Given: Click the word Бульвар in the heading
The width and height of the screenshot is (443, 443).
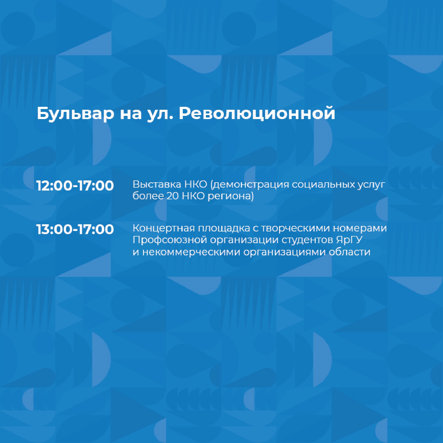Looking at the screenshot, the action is pos(75,113).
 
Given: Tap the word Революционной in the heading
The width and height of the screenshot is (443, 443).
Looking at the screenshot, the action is pos(257,113).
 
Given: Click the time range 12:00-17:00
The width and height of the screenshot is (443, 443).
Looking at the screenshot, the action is pos(75,185).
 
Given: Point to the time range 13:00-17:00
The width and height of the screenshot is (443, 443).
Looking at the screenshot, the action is pos(75,229).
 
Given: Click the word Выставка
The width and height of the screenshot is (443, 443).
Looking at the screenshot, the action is pos(157,184).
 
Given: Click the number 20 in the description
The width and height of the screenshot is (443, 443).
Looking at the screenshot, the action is pos(173,196).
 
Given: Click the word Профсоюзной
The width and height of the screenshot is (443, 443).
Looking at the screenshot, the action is pos(170,240).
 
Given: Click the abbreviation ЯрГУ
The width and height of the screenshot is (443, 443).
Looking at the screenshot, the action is pos(349,240).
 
